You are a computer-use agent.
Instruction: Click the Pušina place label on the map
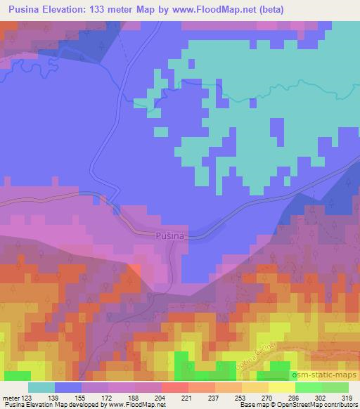pyautogui.click(x=169, y=237)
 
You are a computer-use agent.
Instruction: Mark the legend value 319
pyautogui.click(x=346, y=397)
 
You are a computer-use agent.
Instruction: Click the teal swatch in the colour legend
pyautogui.click(x=41, y=387)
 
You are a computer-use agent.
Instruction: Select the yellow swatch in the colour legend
pyautogui.click(x=281, y=387)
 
